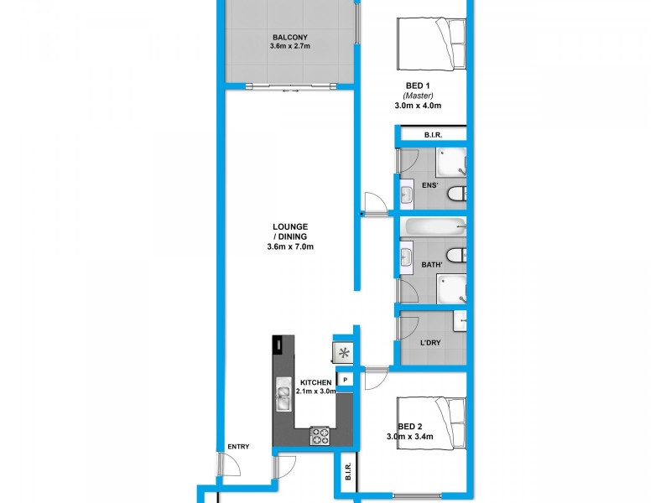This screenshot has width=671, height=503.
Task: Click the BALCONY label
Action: click(289, 36)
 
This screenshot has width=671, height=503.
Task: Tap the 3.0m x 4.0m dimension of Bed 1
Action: click(418, 106)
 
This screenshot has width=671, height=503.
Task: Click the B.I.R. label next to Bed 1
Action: click(433, 135)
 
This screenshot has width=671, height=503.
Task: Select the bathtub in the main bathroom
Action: click(434, 226)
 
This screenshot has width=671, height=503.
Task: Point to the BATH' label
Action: click(433, 265)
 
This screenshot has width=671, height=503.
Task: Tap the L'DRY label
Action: click(429, 343)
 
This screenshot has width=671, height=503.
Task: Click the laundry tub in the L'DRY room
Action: click(460, 320)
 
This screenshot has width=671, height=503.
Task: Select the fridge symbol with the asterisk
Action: click(344, 353)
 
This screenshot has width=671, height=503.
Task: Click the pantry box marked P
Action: click(345, 380)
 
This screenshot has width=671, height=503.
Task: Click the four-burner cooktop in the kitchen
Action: click(320, 435)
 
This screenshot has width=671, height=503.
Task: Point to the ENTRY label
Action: click(238, 447)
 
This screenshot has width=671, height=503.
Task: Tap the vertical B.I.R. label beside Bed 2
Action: click(346, 476)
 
